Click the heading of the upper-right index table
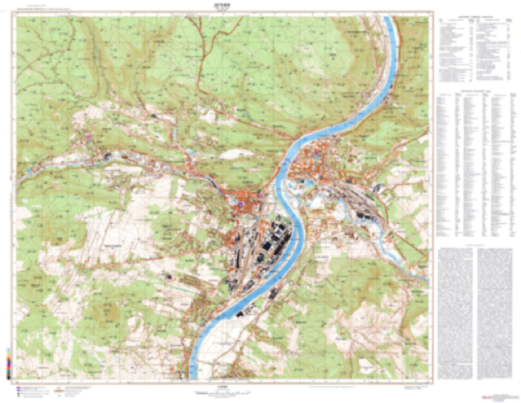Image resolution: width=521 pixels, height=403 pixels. [475, 17]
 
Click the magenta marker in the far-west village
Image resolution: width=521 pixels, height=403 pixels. [89, 137]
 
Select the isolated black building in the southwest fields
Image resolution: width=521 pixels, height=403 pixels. [168, 276]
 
